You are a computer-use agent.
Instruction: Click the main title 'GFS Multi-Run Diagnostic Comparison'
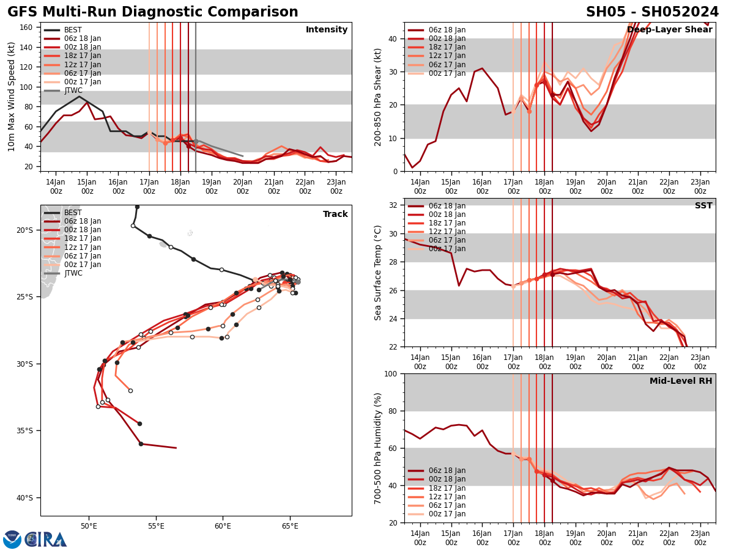point(153,12)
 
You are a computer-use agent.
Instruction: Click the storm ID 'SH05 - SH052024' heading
point(652,12)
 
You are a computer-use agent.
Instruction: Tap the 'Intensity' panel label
point(327,30)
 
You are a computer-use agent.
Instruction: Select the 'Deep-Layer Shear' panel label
point(670,30)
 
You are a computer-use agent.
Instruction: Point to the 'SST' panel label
point(703,206)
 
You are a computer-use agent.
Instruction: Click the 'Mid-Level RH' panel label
point(681,381)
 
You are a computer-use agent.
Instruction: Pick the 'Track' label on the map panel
point(335,215)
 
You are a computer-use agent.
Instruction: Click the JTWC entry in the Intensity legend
point(73,90)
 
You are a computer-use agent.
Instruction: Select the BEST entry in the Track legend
point(73,213)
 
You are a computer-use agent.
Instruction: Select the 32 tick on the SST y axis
point(393,205)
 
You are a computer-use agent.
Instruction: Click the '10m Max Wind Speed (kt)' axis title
point(12,97)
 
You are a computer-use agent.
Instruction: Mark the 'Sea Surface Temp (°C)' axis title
point(378,273)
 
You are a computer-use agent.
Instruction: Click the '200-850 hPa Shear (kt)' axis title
point(378,97)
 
